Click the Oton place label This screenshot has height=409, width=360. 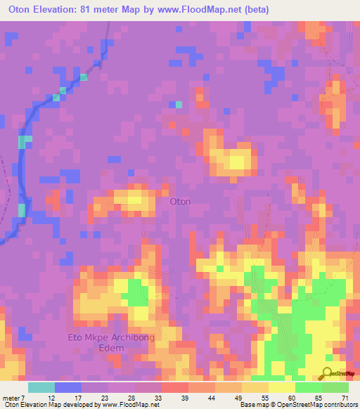coord(181,202)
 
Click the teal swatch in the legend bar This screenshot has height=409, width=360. coord(41,387)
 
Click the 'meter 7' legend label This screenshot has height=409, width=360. coord(13,398)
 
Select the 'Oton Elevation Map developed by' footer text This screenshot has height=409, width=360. coord(38,405)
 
